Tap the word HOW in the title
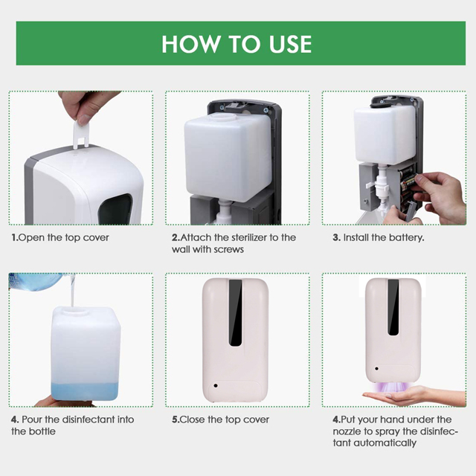coord(190,44)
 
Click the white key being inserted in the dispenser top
coord(81,134)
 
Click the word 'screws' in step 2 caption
coord(228,250)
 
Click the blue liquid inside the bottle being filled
coord(85,391)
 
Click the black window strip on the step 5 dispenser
coord(235,312)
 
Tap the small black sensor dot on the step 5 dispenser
coord(216,385)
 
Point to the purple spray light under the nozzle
coord(393,387)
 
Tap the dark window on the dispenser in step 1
coord(116,210)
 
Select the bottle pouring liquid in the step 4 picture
coord(36,281)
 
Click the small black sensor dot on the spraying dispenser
coord(377,369)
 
